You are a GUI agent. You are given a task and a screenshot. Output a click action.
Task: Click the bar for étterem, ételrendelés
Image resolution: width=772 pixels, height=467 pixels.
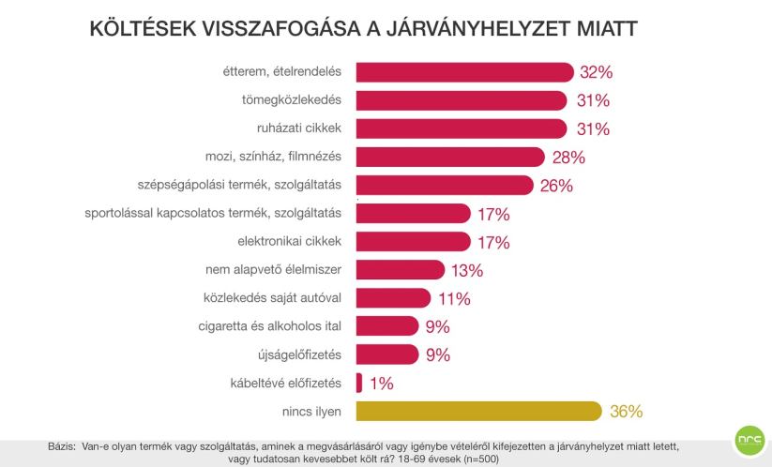tap(464, 72)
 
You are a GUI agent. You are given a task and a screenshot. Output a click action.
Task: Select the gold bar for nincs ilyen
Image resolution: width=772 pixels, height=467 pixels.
tap(478, 411)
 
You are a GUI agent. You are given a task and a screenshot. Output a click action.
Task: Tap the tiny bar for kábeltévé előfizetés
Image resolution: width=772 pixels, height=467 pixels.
tap(359, 383)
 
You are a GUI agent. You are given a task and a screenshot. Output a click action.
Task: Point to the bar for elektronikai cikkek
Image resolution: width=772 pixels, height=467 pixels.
tap(413, 242)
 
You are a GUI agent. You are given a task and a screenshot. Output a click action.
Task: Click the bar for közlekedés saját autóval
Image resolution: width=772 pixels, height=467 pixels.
tap(393, 298)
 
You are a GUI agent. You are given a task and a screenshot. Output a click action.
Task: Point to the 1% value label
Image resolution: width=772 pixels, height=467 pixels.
tap(380, 383)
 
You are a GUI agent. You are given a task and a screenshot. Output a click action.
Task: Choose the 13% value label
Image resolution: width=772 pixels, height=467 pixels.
tap(466, 270)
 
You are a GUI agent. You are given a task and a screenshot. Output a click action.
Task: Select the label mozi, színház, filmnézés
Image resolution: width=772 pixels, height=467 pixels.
tap(273, 157)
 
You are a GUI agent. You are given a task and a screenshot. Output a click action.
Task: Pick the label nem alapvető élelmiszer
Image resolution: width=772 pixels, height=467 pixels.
tap(273, 270)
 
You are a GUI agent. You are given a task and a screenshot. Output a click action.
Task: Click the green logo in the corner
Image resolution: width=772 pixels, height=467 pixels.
tap(748, 442)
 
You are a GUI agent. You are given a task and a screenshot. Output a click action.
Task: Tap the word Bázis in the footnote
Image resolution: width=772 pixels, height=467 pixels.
tap(62, 446)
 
